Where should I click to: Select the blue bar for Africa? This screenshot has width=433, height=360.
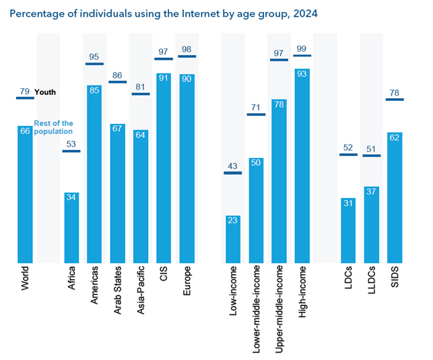click(71, 229)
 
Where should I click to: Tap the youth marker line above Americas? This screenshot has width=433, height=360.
click(94, 64)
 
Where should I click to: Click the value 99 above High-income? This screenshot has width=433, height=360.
click(302, 48)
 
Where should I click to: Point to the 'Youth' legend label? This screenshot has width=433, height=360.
click(45, 92)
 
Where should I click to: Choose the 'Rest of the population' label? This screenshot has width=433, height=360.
click(53, 127)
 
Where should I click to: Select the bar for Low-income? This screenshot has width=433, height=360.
click(233, 239)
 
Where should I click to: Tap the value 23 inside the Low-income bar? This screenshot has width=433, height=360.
click(233, 220)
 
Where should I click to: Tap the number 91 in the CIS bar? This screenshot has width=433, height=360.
click(164, 77)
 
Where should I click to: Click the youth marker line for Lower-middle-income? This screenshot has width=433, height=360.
click(256, 114)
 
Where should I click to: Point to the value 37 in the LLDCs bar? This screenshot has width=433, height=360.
click(372, 192)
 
